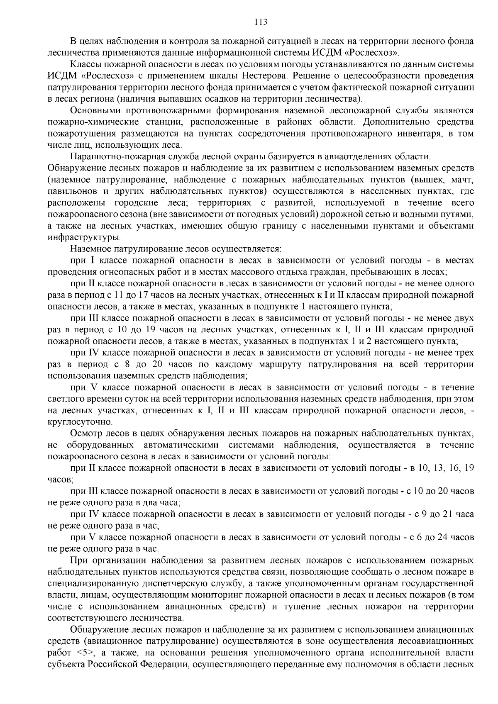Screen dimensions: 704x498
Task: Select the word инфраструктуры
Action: pyautogui.click(x=85, y=238)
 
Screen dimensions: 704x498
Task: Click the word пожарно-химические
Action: pyautogui.click(x=88, y=122)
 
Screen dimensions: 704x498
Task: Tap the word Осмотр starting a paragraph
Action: pyautogui.click(x=86, y=434)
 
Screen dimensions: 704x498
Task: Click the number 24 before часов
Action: pyautogui.click(x=444, y=537)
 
